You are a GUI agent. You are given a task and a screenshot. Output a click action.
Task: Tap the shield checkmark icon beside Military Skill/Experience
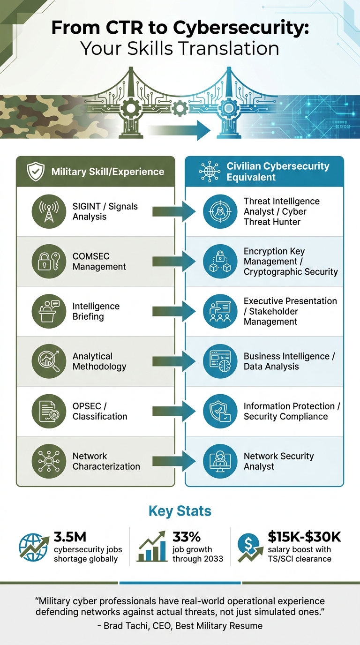coord(36,172)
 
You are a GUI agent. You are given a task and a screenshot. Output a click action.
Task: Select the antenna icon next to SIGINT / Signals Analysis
coord(49,212)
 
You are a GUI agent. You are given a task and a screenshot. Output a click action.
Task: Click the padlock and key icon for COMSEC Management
coord(49,262)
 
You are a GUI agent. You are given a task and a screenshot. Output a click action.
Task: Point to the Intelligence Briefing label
coord(96,311)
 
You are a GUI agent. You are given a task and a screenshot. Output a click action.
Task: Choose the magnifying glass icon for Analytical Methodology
coord(49,361)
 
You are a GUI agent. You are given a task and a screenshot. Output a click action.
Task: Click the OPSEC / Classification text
coord(100,411)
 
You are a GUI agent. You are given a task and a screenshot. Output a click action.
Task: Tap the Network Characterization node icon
coord(49,461)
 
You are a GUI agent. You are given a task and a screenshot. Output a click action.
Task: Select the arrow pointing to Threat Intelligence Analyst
coord(173,212)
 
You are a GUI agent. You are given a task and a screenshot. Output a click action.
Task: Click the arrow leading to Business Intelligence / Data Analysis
coord(173,361)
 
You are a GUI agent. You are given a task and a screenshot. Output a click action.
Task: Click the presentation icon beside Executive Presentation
coord(220,311)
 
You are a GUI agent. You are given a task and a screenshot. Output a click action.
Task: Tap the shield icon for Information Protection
coord(220,411)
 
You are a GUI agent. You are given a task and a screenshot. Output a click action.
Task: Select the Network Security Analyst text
coord(278,461)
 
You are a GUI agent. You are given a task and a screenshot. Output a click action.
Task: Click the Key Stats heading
coord(180,511)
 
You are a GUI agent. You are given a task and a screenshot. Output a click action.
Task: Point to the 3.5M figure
coord(70,537)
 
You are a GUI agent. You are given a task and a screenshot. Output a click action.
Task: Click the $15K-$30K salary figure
coord(304,537)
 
